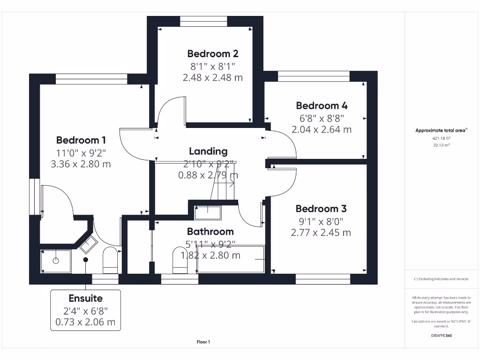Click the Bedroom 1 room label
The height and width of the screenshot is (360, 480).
[x=81, y=140]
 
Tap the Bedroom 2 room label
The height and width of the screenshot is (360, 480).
[x=213, y=53]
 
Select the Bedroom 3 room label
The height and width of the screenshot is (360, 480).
[x=321, y=209]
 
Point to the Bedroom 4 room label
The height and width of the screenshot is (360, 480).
[x=322, y=105]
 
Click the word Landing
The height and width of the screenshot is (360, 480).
[x=208, y=151]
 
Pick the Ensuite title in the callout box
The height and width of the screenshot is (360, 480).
[x=85, y=298]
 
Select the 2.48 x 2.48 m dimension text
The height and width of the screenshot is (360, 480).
[x=213, y=77]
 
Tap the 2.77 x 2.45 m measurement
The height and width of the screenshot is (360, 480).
[x=321, y=232]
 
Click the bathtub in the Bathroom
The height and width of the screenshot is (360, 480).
[x=231, y=259]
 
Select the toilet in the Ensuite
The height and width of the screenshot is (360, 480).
[x=110, y=260]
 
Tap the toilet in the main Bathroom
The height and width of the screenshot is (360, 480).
[x=180, y=260]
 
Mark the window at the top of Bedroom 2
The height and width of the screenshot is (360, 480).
[x=203, y=21]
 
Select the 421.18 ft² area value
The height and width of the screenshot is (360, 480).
[x=441, y=138]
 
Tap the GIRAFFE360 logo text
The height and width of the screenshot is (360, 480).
[x=441, y=336]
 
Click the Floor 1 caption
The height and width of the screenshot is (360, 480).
[x=203, y=342]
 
